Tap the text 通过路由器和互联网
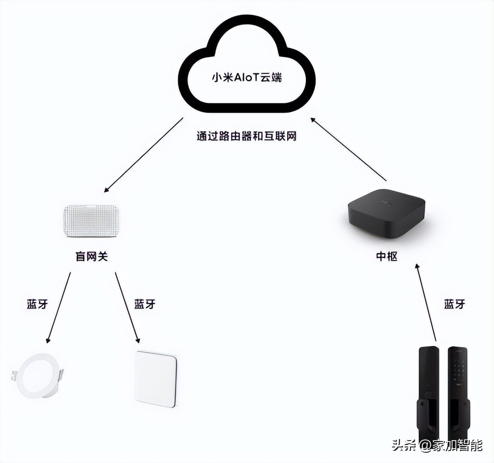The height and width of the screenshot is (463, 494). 247,136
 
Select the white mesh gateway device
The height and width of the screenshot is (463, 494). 92,221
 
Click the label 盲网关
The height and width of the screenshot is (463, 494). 92,257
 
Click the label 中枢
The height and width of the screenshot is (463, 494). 387,256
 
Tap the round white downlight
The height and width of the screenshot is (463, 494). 39,376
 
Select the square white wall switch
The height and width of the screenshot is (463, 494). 156,379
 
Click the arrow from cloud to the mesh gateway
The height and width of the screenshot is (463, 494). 143,155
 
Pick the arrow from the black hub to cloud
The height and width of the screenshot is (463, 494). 349,149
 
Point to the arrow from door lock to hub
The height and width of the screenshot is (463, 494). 426,302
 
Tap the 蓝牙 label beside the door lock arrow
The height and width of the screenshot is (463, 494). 454,304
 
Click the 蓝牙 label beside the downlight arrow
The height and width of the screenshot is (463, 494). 37,304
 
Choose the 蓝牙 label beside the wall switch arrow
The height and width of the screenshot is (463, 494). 145,304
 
